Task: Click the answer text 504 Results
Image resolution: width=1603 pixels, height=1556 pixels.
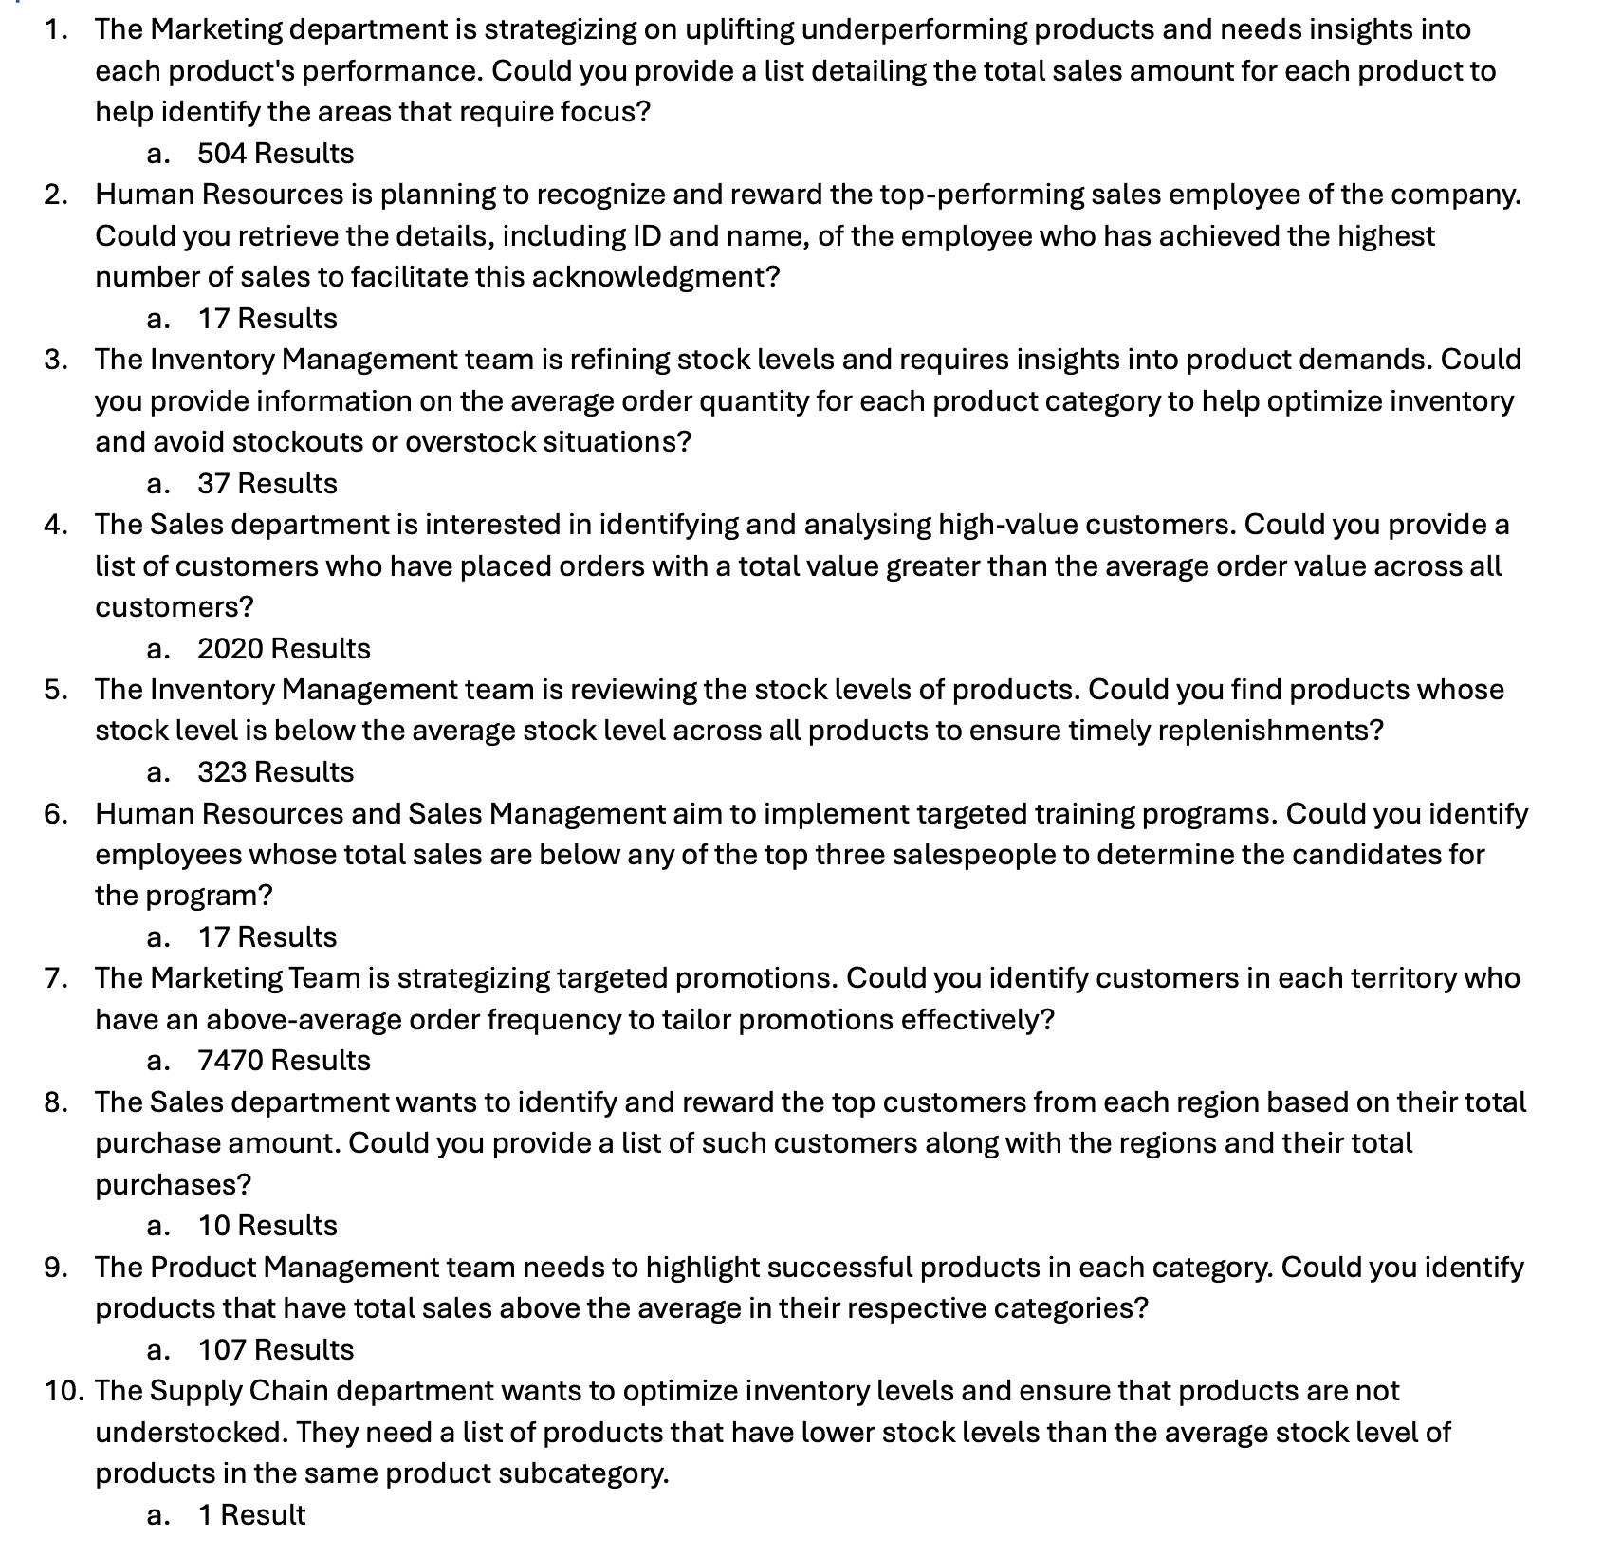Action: [x=275, y=154]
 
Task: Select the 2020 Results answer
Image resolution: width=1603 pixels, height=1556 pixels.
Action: [x=284, y=649]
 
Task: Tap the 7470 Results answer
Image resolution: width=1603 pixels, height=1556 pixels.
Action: [x=284, y=1061]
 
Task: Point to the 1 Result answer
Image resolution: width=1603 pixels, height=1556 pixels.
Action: [x=251, y=1514]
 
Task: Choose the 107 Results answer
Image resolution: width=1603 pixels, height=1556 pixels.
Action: [x=275, y=1349]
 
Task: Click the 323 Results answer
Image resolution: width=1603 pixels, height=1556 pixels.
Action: [x=275, y=772]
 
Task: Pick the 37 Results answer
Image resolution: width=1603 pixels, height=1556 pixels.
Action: [x=267, y=484]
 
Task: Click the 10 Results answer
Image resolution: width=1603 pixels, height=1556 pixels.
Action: [x=267, y=1226]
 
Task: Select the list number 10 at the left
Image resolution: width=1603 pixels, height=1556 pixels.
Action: [x=64, y=1391]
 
